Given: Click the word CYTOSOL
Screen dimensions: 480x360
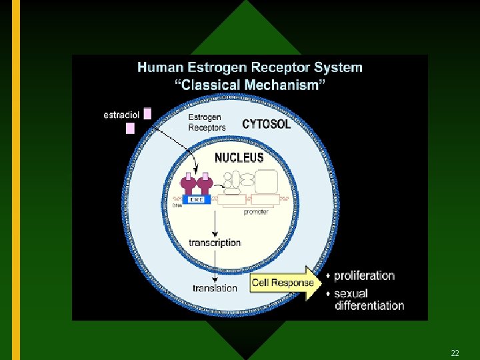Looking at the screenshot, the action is [267, 124].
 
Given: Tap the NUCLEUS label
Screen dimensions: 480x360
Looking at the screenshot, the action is [239, 158].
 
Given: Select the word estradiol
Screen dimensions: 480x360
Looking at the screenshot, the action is [121, 114].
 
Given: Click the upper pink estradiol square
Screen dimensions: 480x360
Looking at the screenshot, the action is [147, 113].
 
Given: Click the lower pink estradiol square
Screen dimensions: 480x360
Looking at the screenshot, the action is [130, 128].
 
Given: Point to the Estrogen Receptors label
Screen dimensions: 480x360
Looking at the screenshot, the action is [207, 122].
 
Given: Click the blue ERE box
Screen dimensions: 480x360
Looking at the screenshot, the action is [197, 199].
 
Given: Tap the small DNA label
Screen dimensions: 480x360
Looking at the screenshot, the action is [177, 206].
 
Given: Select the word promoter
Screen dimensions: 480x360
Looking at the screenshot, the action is [256, 212].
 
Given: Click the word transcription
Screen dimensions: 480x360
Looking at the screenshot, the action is [215, 243].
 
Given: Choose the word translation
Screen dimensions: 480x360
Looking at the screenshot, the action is [215, 288].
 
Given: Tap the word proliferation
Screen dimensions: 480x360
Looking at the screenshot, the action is [364, 275].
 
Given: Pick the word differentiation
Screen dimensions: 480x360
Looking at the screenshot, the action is [369, 305].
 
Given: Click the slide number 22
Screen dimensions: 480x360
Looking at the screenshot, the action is [455, 353].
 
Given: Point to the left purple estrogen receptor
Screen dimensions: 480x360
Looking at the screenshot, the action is [188, 183].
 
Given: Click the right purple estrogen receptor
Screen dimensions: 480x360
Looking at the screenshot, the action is [205, 183].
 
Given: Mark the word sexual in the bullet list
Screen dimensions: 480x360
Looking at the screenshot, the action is [351, 293].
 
